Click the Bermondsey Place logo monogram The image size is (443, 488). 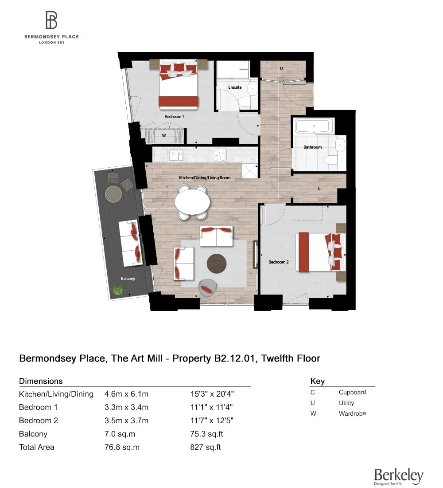[x=51, y=20]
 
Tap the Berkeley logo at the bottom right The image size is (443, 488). [x=398, y=476]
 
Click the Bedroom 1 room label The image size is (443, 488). [x=174, y=116]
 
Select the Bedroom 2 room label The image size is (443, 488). [x=279, y=262]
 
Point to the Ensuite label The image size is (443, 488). [x=235, y=87]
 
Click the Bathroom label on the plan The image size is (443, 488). [x=313, y=147]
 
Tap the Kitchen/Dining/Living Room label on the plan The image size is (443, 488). [x=204, y=177]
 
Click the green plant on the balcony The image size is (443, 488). [x=118, y=290]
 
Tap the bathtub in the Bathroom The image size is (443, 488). [x=314, y=126]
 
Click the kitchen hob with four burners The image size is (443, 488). [x=220, y=155]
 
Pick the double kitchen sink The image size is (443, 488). [x=176, y=154]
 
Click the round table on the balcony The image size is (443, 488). [x=113, y=194]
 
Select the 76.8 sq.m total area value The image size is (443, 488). [x=122, y=447]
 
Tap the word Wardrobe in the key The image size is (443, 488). [x=352, y=413]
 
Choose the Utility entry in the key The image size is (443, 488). [x=346, y=403]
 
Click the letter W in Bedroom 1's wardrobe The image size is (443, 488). [x=164, y=135]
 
